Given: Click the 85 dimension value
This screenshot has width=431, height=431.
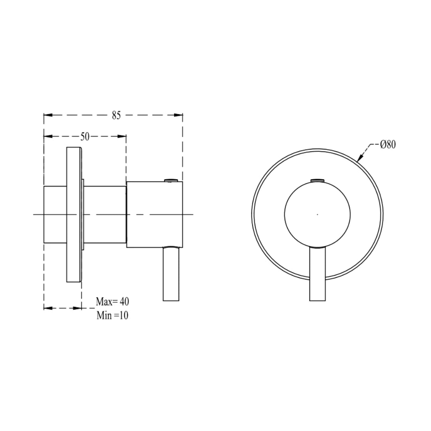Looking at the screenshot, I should point(116,116).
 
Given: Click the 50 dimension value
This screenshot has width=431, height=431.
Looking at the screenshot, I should point(85,137).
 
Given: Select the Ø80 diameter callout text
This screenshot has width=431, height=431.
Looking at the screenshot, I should point(388,144).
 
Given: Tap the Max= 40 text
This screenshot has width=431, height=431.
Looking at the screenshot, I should point(113,302).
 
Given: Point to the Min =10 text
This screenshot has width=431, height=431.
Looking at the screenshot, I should point(112,315).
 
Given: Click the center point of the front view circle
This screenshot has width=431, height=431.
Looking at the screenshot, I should point(317,214).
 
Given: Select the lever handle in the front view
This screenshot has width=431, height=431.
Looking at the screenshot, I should point(318,275).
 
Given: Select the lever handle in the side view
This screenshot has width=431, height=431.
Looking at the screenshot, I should point(172,275).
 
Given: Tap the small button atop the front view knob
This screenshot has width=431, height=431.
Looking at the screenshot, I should point(318,180).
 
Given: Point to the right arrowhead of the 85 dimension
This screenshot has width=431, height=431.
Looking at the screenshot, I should point(178,115).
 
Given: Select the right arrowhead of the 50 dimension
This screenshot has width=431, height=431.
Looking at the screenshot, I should point(122,136).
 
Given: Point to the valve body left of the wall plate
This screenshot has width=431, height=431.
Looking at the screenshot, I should point(55,214).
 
